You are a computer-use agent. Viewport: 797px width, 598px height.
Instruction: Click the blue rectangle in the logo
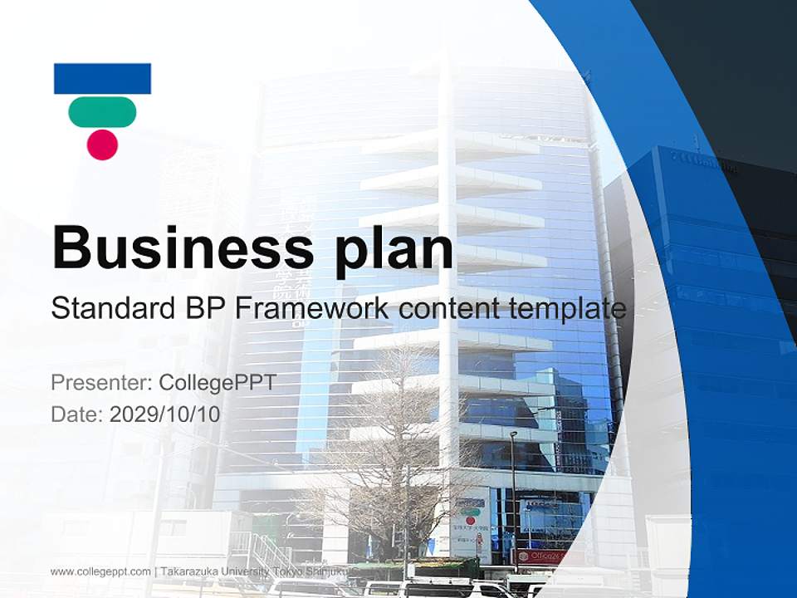click(102, 78)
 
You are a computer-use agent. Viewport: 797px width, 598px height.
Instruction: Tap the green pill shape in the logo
click(102, 112)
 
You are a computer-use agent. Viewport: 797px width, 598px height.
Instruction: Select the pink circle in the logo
click(102, 144)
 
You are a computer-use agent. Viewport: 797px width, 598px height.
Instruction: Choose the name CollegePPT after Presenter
click(217, 383)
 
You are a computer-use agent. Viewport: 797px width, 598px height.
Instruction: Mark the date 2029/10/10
click(165, 414)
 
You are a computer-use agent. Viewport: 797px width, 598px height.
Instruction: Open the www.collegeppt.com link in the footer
click(100, 571)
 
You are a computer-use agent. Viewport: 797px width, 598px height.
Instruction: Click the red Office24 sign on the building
click(541, 556)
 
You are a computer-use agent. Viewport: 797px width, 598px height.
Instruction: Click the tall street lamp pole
click(514, 498)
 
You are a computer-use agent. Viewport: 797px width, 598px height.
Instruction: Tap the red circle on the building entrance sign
click(471, 521)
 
